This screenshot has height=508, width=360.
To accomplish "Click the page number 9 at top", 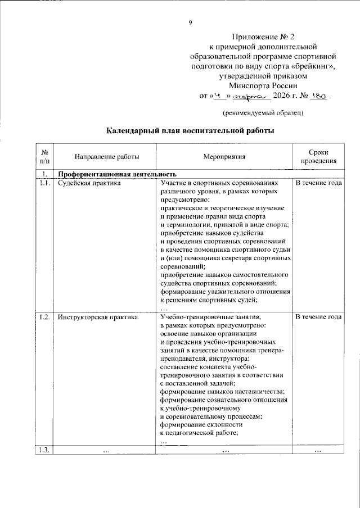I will (x=190, y=22).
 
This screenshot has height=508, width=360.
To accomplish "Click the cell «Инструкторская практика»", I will (x=98, y=317).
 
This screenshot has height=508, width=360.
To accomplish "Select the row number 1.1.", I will (x=45, y=183).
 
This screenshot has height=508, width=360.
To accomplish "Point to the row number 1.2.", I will (x=45, y=317).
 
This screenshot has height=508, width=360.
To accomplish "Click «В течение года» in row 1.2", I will (x=318, y=317).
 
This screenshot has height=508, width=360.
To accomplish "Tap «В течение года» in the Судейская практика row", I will (x=318, y=183).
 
